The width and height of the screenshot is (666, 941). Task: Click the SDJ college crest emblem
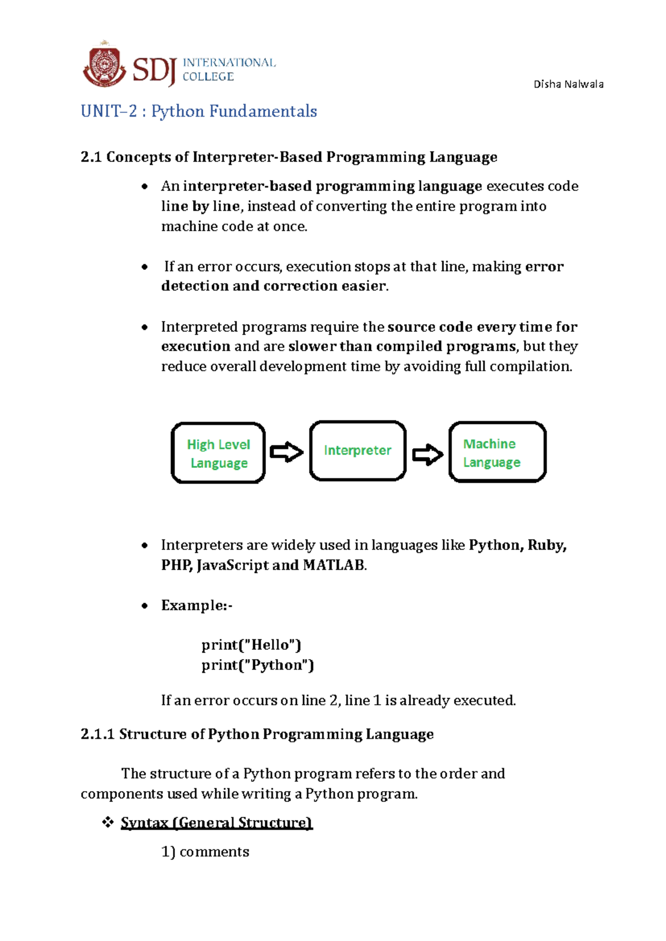[x=104, y=65]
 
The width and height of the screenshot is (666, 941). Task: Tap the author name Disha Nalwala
[x=568, y=84]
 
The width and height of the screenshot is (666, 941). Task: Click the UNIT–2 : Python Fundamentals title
[x=199, y=112]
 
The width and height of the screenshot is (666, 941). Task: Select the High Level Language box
[x=218, y=453]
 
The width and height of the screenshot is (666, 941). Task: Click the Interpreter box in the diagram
[x=357, y=451]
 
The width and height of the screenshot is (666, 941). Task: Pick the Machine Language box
[x=497, y=452]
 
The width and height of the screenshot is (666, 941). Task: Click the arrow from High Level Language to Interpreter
[x=286, y=452]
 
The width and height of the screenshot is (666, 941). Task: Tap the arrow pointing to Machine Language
[x=427, y=454]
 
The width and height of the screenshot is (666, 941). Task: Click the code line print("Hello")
[x=251, y=645]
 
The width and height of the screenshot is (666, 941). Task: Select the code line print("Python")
[x=258, y=665]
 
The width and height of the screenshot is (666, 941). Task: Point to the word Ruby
[x=546, y=545]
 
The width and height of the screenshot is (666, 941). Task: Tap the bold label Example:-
[x=196, y=605]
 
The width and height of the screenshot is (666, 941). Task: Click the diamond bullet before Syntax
[x=108, y=822]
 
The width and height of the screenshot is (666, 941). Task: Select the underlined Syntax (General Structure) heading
[x=216, y=823]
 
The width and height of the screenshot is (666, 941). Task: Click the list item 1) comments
[x=205, y=852]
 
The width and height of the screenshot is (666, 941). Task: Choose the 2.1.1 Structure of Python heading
[x=257, y=735]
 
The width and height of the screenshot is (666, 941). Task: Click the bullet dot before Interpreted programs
[x=145, y=327]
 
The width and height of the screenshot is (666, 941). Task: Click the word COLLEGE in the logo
[x=208, y=77]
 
